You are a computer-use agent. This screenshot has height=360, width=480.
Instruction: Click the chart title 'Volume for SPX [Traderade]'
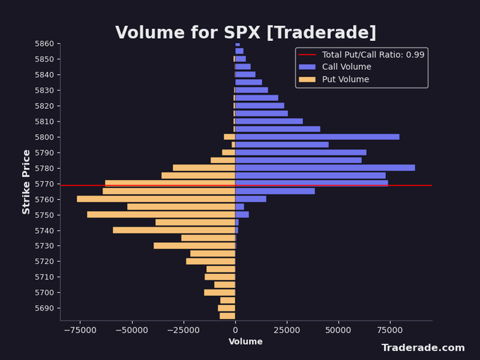(x=246, y=33)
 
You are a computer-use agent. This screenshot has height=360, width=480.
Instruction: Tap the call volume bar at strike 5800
(x=317, y=137)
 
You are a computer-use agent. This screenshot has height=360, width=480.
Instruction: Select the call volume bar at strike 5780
(x=325, y=168)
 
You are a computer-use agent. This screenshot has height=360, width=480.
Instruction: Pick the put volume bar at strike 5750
(x=161, y=215)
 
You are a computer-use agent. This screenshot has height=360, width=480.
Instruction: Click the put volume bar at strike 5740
(x=174, y=230)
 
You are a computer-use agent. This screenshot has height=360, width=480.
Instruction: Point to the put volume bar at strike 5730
(x=194, y=246)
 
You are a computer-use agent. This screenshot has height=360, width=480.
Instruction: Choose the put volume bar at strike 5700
(x=220, y=292)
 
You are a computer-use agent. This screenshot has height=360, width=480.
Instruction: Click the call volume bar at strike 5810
(x=269, y=121)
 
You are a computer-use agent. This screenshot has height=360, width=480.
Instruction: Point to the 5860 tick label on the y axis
(x=46, y=44)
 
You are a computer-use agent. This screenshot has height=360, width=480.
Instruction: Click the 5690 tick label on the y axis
(x=46, y=308)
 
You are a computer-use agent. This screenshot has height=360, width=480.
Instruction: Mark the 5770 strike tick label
(x=46, y=184)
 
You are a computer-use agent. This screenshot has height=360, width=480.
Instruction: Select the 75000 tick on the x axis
(x=390, y=330)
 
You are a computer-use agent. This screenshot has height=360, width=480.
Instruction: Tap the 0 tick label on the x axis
(x=235, y=330)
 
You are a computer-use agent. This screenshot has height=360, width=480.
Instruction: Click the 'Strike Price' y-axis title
(x=27, y=181)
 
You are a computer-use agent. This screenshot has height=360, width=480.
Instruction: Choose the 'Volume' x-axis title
(x=246, y=342)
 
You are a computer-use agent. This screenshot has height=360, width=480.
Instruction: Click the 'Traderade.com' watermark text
(x=423, y=348)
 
